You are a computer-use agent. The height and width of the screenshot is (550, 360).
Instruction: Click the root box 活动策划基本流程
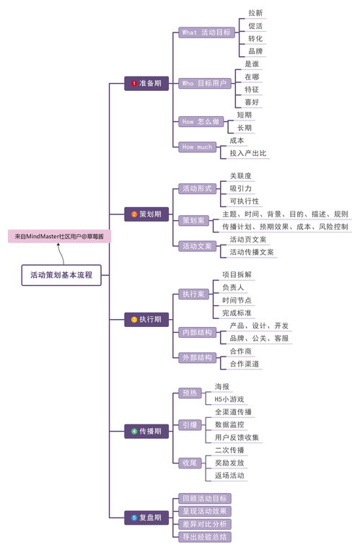[61, 275]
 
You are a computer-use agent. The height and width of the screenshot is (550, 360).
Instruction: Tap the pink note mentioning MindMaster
[59, 237]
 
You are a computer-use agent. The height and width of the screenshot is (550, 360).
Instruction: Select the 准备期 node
[146, 84]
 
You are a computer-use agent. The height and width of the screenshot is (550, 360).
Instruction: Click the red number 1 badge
[134, 84]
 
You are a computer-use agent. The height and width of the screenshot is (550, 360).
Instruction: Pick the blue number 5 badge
[134, 518]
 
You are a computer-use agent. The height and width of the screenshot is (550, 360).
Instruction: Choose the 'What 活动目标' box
[206, 32]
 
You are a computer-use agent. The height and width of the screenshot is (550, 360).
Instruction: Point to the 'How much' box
[197, 147]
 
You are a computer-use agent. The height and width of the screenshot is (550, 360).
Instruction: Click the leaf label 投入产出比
[248, 153]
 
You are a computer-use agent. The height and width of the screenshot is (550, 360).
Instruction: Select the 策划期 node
[146, 214]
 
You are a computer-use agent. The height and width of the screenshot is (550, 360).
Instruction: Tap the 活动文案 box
[197, 246]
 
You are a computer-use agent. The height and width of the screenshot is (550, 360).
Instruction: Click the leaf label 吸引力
[241, 188]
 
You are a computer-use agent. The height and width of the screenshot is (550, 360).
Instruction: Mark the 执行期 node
[146, 320]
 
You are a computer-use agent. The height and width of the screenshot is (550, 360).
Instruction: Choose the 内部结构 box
[197, 333]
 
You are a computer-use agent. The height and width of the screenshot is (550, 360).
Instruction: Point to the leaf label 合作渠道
[245, 364]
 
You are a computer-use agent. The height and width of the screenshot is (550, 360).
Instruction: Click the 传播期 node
[146, 432]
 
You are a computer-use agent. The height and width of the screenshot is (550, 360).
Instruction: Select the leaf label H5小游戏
[229, 399]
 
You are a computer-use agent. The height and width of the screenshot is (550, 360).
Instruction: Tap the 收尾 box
[190, 463]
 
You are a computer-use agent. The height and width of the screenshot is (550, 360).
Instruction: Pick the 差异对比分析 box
[205, 524]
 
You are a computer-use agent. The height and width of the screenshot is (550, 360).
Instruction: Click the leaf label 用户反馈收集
[237, 437]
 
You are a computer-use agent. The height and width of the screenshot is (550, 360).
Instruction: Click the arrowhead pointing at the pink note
[58, 245]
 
